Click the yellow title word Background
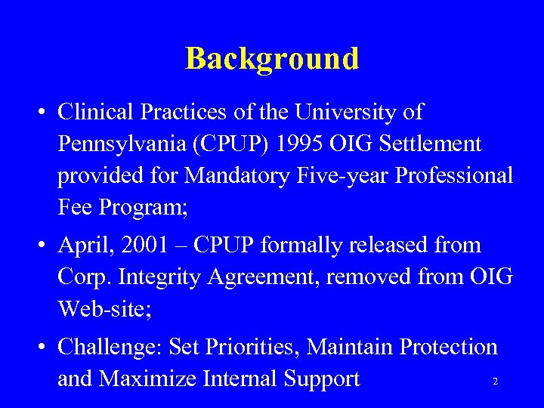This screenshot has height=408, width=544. click(272, 58)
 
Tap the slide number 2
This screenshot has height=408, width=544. click(495, 382)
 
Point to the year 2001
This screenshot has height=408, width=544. click(155, 245)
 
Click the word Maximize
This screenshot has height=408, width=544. click(152, 379)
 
